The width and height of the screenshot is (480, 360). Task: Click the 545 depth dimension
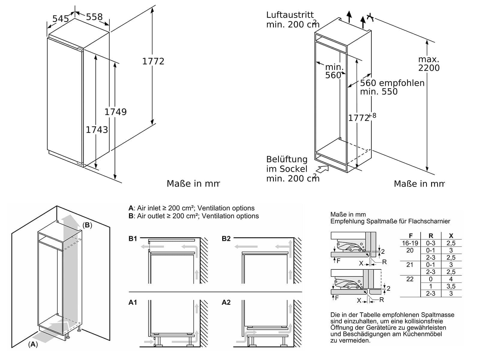click(61, 19)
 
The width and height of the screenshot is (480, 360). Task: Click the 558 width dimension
click(94, 17)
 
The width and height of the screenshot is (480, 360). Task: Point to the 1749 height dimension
click(115, 112)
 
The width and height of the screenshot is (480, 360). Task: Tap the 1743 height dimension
click(97, 130)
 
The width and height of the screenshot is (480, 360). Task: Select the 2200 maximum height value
click(429, 68)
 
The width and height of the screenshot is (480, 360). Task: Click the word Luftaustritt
click(290, 15)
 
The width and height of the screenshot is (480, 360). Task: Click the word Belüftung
click(287, 159)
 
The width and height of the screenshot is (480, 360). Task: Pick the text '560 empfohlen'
click(392, 83)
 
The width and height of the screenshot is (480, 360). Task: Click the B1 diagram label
click(133, 238)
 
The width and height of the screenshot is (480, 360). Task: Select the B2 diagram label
click(226, 238)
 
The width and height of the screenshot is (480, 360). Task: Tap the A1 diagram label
click(133, 302)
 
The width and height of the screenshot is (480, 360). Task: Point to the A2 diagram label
click(226, 302)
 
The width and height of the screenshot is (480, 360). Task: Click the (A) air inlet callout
click(33, 344)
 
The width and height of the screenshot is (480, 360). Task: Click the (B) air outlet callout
click(87, 225)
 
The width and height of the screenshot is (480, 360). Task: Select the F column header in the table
click(410, 236)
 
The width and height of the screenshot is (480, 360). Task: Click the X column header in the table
click(451, 236)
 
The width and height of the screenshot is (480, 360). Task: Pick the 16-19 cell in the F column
click(410, 243)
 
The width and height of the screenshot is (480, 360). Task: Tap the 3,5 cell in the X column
click(451, 286)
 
